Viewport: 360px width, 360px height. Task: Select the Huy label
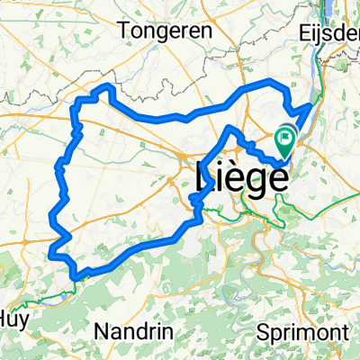pyautogui.click(x=13, y=317)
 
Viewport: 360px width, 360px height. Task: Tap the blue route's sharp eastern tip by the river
pyautogui.click(x=311, y=106)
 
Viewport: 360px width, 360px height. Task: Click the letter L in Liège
pyautogui.click(x=202, y=176)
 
